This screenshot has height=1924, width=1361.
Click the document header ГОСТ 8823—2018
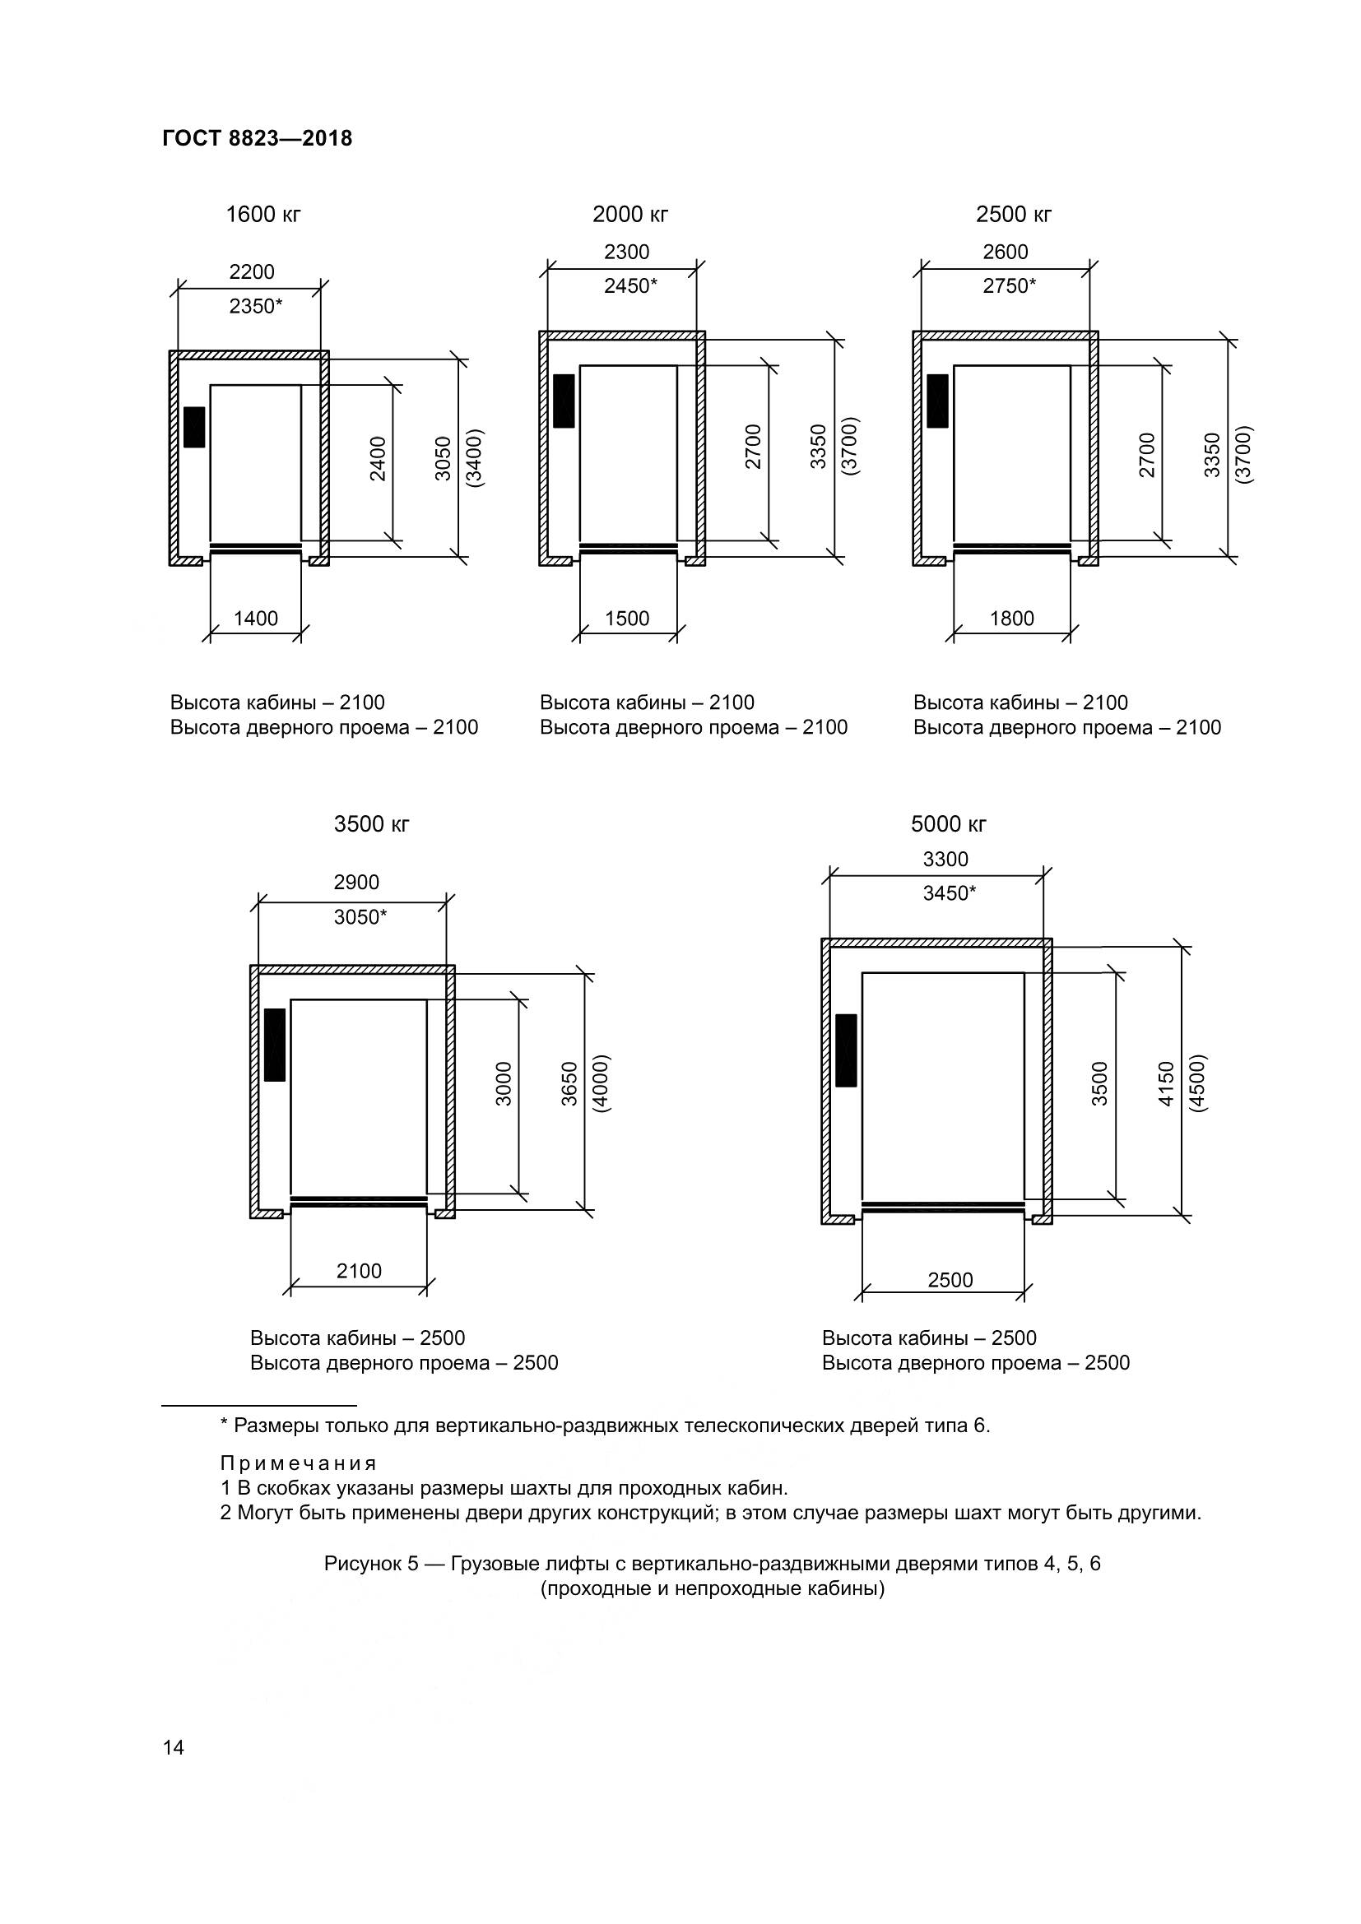(x=257, y=138)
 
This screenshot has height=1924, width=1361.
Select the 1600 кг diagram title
(x=263, y=215)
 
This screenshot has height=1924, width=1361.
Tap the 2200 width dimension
(x=252, y=272)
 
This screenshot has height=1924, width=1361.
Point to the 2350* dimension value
(x=256, y=307)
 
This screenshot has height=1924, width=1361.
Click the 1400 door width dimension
(x=256, y=619)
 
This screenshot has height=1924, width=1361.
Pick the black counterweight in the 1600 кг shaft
(x=194, y=427)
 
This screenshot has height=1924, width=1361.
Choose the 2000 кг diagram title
(x=630, y=215)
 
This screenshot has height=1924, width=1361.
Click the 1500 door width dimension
(x=627, y=619)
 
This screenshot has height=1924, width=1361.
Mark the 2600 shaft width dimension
(x=1005, y=253)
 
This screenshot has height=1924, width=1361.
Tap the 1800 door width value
(x=1011, y=619)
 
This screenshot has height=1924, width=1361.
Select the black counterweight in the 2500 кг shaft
(x=937, y=401)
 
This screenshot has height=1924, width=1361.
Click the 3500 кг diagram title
(x=371, y=824)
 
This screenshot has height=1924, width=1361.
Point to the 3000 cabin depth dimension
(x=504, y=1083)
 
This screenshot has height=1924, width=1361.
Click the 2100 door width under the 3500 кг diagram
(x=359, y=1271)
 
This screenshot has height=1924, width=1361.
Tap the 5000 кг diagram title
(x=949, y=824)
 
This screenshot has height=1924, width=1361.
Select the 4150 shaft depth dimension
(x=1166, y=1083)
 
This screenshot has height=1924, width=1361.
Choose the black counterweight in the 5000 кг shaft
(x=847, y=1050)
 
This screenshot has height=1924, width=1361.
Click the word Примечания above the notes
(x=299, y=1463)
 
